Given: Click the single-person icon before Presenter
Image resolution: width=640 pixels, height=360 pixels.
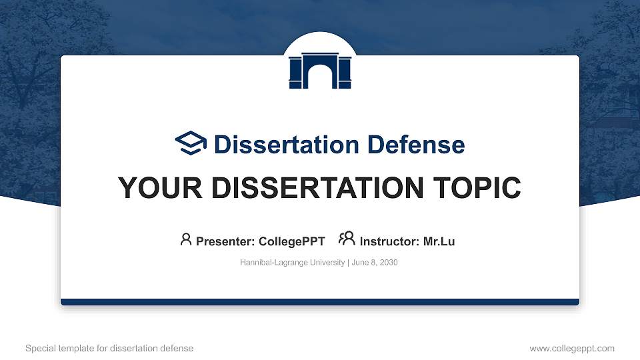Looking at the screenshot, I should pyautogui.click(x=186, y=239).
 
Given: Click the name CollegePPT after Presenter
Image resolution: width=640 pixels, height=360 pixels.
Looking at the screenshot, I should pyautogui.click(x=291, y=241).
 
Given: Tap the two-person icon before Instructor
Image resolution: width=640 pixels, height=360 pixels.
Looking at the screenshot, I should pyautogui.click(x=347, y=239).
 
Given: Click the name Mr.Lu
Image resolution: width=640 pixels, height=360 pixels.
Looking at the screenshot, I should pyautogui.click(x=439, y=241).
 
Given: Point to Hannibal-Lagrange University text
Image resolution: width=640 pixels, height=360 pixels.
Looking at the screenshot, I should pyautogui.click(x=291, y=263).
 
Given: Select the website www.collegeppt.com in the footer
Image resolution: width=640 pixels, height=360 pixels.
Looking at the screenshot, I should pyautogui.click(x=571, y=348).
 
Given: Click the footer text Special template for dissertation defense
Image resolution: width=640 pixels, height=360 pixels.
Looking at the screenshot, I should pyautogui.click(x=109, y=348).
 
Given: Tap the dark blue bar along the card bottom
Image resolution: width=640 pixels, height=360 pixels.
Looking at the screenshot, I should pyautogui.click(x=320, y=302).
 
